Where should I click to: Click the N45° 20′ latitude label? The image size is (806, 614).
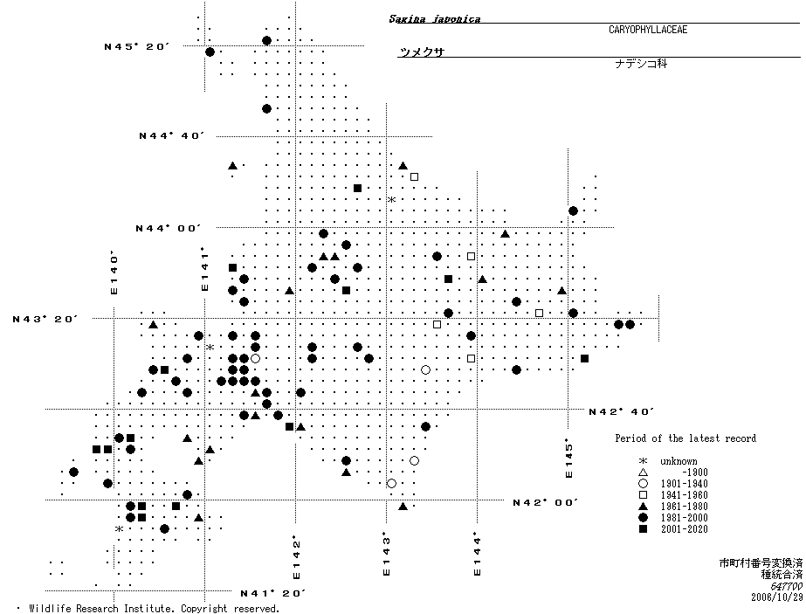pos(137,47)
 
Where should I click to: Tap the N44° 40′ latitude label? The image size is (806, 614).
pos(172,136)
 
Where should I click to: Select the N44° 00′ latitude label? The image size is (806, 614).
pos(169,228)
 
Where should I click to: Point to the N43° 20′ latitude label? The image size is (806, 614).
pos(45,320)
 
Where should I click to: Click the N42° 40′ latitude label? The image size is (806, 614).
pos(622,411)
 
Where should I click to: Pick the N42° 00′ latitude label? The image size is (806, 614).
pos(546,502)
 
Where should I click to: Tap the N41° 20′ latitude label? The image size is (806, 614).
pos(273,594)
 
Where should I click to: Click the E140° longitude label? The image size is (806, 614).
pos(114,273)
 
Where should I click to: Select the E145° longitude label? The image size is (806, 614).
pos(568,458)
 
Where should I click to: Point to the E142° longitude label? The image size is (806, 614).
pos(296,558)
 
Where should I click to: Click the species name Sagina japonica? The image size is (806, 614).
pos(435,19)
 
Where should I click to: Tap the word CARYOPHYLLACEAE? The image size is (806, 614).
pos(648,30)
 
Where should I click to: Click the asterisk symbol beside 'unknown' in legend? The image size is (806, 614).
pos(643,461)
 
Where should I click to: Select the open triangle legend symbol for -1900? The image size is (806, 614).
pos(643,473)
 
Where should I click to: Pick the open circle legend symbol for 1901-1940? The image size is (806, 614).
pos(643,484)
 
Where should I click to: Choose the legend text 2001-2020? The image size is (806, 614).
pos(684,529)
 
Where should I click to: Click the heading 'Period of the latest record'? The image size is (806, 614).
pos(685,438)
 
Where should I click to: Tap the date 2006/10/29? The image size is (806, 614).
pos(776,597)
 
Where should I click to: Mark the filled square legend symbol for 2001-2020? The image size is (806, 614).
pos(643,529)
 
